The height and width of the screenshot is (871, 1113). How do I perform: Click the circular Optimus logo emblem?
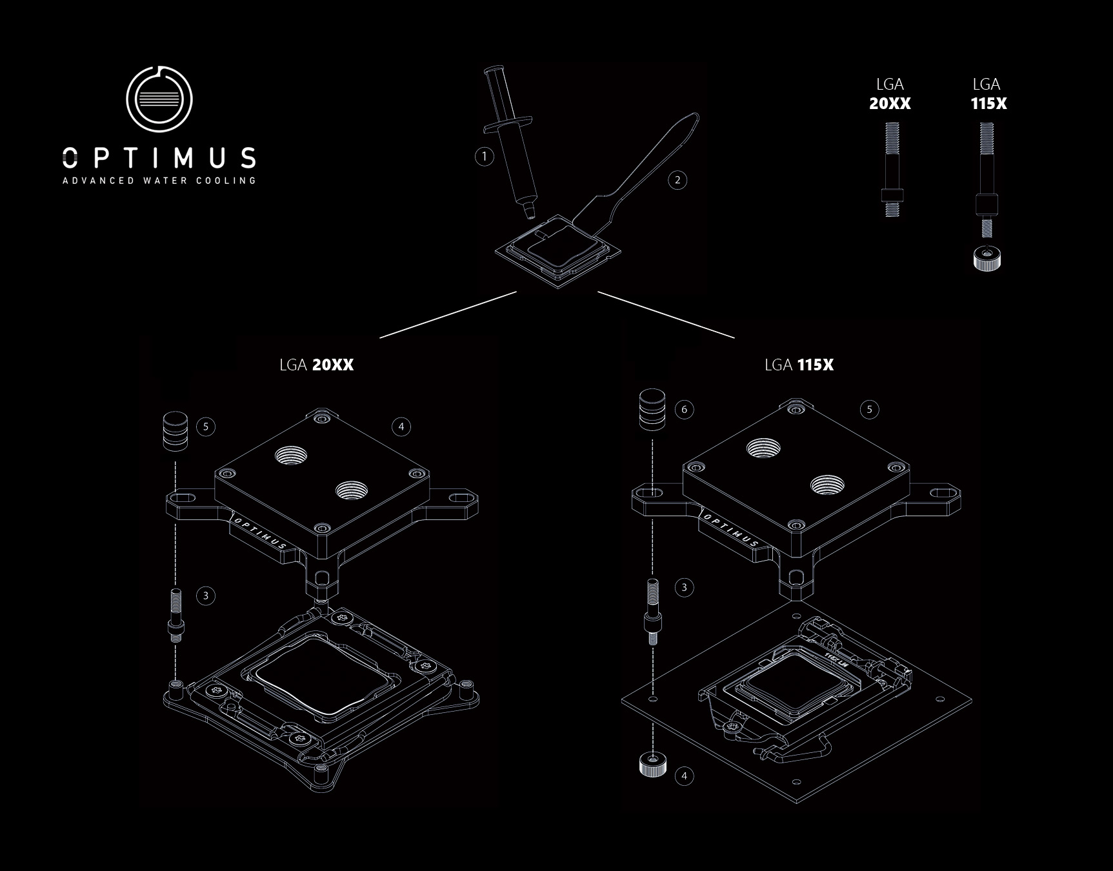[159, 99]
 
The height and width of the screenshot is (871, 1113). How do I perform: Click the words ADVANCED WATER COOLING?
[159, 181]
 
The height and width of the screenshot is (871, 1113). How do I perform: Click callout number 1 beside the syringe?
[484, 156]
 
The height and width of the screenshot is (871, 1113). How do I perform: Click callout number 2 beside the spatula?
[677, 180]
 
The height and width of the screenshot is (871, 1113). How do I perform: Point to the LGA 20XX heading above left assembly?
[316, 365]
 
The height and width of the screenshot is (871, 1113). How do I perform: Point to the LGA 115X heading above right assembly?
[799, 365]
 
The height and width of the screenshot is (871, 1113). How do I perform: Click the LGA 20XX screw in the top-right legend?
[892, 169]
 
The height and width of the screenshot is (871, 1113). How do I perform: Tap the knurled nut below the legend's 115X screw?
[987, 259]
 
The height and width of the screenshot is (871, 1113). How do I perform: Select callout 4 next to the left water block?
[401, 426]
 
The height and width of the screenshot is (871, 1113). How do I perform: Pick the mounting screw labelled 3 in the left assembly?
[175, 615]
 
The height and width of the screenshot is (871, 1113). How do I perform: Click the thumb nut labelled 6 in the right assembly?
[652, 409]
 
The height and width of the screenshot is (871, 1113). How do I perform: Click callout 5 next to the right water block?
[869, 409]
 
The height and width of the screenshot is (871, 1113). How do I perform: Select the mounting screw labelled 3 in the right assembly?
[652, 610]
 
